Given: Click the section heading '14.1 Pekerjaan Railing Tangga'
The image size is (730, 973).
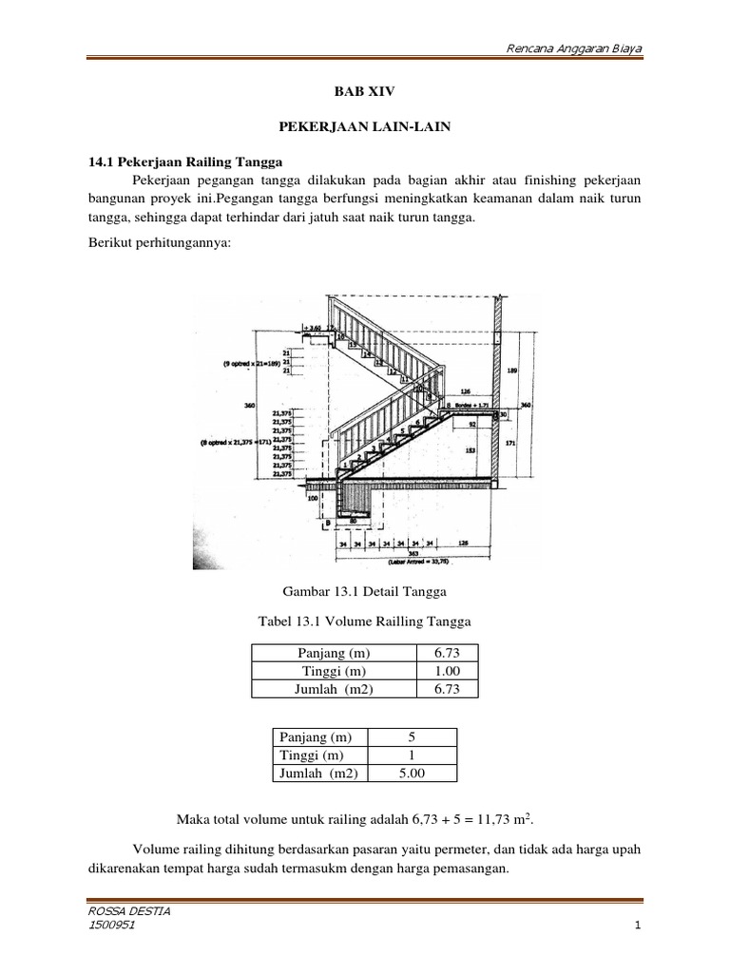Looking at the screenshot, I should [178, 162].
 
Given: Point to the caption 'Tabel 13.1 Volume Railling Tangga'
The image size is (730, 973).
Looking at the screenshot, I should [365, 621].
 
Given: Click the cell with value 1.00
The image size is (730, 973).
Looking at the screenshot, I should [447, 672].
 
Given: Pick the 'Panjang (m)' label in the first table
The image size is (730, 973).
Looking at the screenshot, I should [333, 654].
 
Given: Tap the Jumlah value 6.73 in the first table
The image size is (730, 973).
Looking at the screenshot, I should [447, 690].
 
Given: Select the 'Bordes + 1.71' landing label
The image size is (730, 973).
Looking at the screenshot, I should [469, 403].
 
